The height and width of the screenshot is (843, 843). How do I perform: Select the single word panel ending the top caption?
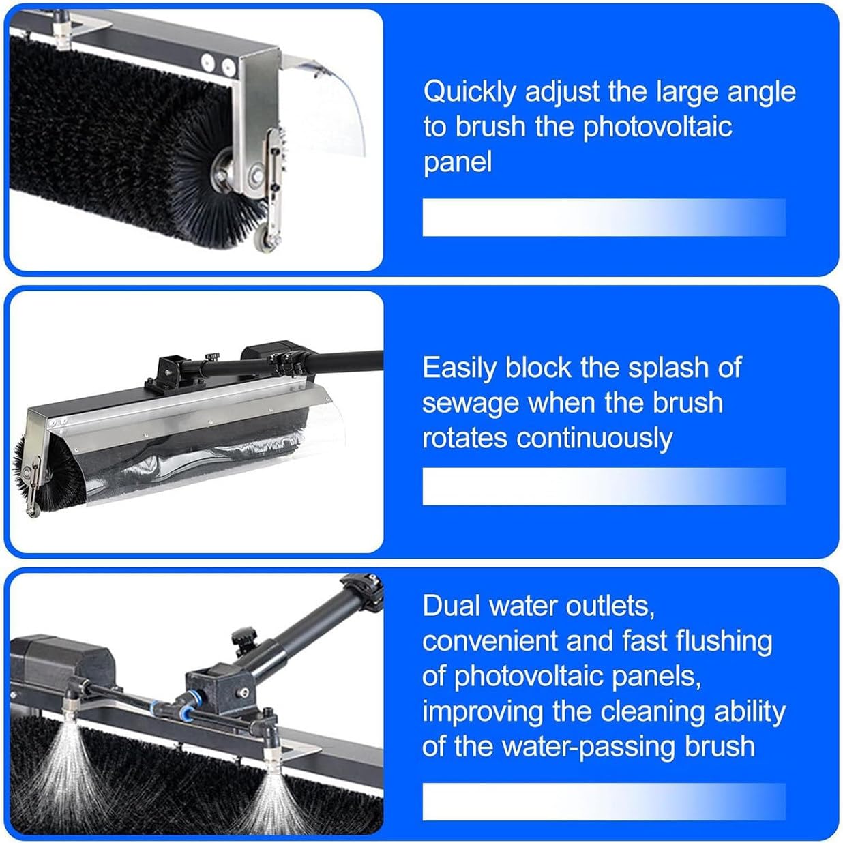(457, 162)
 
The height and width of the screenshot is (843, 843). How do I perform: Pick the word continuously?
(594, 439)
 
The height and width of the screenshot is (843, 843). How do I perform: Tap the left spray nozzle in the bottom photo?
(70, 702)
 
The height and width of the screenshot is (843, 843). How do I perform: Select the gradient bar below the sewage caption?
(604, 486)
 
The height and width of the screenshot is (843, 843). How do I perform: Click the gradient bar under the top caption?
(604, 218)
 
